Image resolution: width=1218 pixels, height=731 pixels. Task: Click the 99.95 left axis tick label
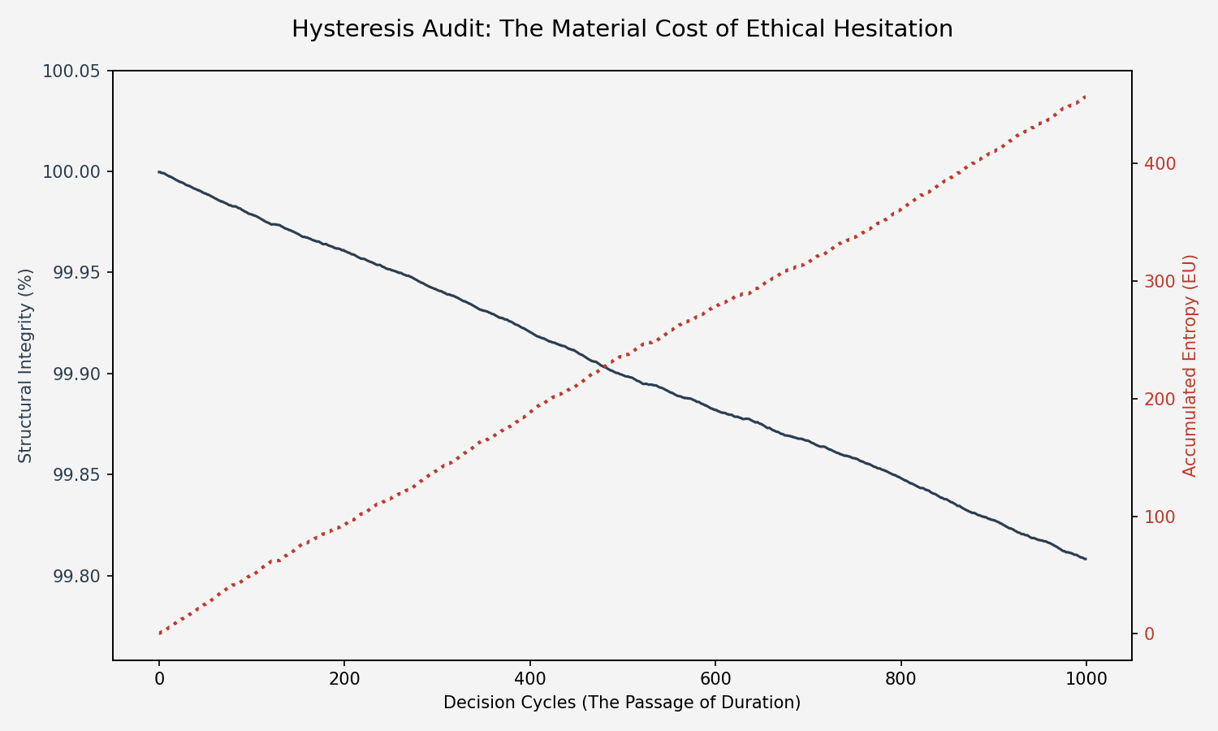(x=76, y=273)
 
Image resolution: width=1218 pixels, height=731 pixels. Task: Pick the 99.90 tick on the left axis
(x=76, y=374)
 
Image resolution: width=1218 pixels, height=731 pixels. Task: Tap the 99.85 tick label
(x=76, y=475)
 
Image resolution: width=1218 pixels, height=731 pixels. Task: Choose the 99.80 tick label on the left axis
(x=76, y=577)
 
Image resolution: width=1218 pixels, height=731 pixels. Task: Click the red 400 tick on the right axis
(x=1160, y=164)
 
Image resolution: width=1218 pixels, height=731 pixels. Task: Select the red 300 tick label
(x=1160, y=282)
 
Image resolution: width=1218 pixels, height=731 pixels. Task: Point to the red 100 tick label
(x=1160, y=517)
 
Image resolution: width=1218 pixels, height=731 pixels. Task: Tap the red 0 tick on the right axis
(x=1149, y=634)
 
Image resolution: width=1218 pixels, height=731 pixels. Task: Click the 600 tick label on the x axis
(x=715, y=679)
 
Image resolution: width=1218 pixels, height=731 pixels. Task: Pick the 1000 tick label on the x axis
(x=1086, y=679)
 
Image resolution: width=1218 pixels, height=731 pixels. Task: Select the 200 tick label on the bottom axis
(x=344, y=679)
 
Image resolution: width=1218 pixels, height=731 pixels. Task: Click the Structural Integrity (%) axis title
(x=26, y=365)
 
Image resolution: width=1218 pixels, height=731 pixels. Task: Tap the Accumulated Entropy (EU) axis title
(x=1190, y=365)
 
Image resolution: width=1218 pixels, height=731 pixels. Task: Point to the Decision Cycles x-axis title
(x=622, y=703)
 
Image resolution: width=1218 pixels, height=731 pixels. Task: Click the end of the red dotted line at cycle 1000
(x=1086, y=97)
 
